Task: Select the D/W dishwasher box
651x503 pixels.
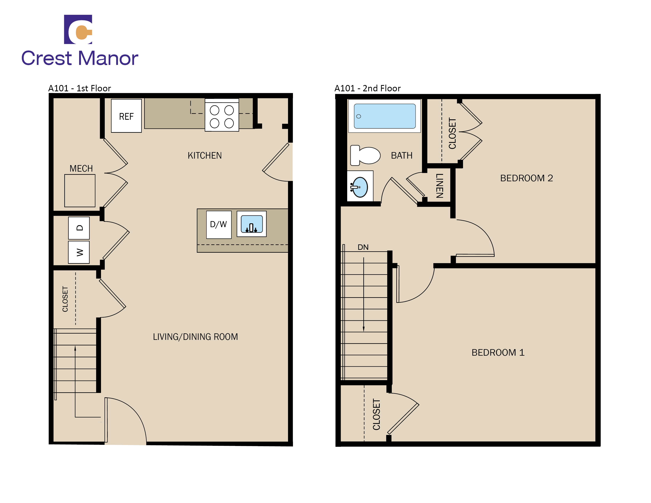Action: (219, 224)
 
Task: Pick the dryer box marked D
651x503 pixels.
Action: (79, 228)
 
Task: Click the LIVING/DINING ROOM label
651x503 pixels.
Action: (195, 337)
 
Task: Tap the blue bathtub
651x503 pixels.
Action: (384, 116)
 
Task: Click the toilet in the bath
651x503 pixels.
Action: (365, 155)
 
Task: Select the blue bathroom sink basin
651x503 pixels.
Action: (360, 187)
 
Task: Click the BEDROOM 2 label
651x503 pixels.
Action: (526, 178)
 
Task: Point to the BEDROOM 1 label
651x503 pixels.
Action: (498, 352)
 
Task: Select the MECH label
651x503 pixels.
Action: (81, 168)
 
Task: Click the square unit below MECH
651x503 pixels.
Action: (80, 191)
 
